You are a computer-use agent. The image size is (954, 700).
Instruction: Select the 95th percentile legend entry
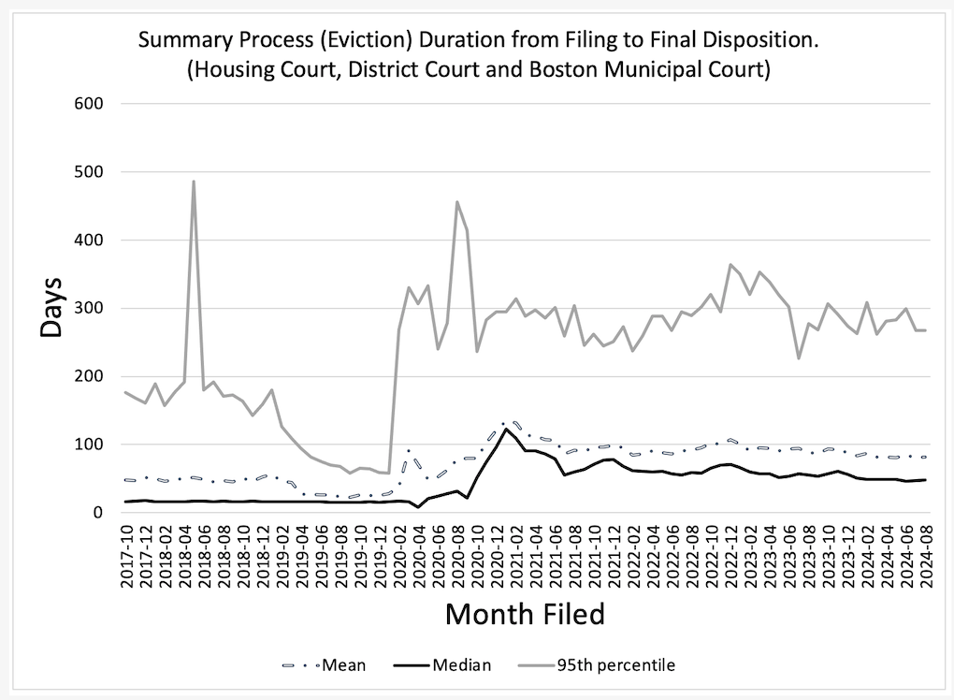click(615, 665)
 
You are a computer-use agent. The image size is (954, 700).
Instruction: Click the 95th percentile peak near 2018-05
click(194, 182)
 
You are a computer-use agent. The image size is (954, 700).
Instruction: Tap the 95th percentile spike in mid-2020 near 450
click(457, 201)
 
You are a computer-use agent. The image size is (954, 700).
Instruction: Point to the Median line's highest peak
click(506, 429)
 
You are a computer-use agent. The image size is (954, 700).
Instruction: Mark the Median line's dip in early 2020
click(418, 506)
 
